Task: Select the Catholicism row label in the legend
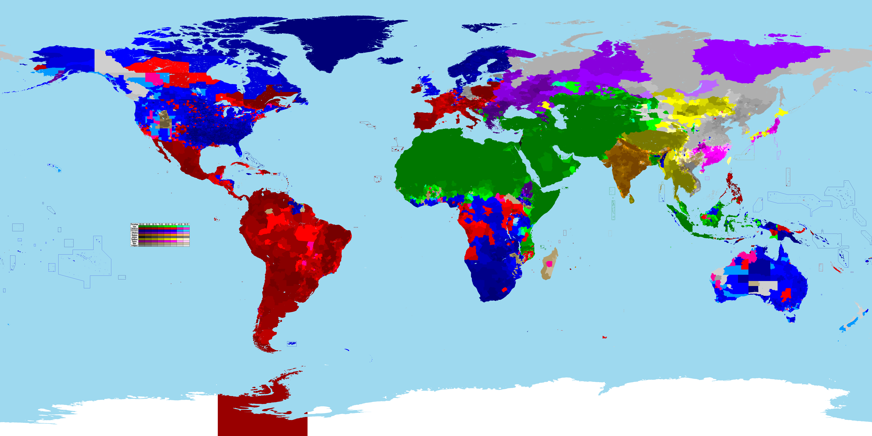pos(134,229)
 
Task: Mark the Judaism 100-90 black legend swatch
pos(141,237)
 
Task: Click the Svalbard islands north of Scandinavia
pos(481,27)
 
